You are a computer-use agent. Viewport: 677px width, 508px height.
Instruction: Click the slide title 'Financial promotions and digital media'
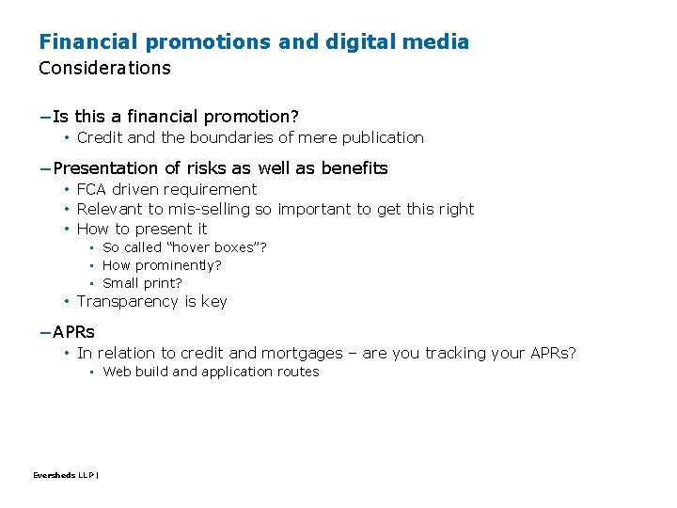pyautogui.click(x=254, y=41)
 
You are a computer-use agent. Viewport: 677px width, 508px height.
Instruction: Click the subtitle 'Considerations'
pyautogui.click(x=104, y=68)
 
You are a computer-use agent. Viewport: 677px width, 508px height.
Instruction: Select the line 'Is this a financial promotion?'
pyautogui.click(x=175, y=117)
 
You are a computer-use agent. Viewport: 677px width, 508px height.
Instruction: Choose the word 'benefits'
pyautogui.click(x=354, y=168)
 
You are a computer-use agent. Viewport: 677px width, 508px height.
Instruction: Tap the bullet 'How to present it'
pyautogui.click(x=142, y=229)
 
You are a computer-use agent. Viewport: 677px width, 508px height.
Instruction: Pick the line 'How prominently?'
pyautogui.click(x=162, y=265)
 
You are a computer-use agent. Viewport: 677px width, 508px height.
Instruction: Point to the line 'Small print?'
pyautogui.click(x=142, y=283)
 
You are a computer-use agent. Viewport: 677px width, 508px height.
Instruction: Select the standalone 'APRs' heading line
pyautogui.click(x=73, y=332)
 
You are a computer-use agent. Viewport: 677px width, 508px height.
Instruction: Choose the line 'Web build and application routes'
pyautogui.click(x=211, y=372)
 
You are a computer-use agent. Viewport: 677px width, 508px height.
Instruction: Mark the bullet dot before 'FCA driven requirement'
pyautogui.click(x=68, y=190)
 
